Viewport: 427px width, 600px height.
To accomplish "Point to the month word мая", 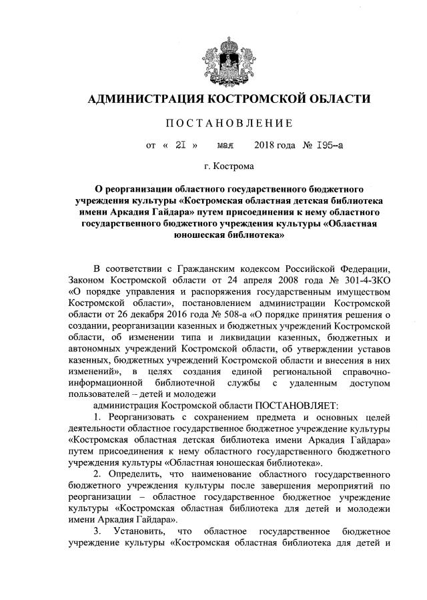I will pyautogui.click(x=226, y=144).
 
